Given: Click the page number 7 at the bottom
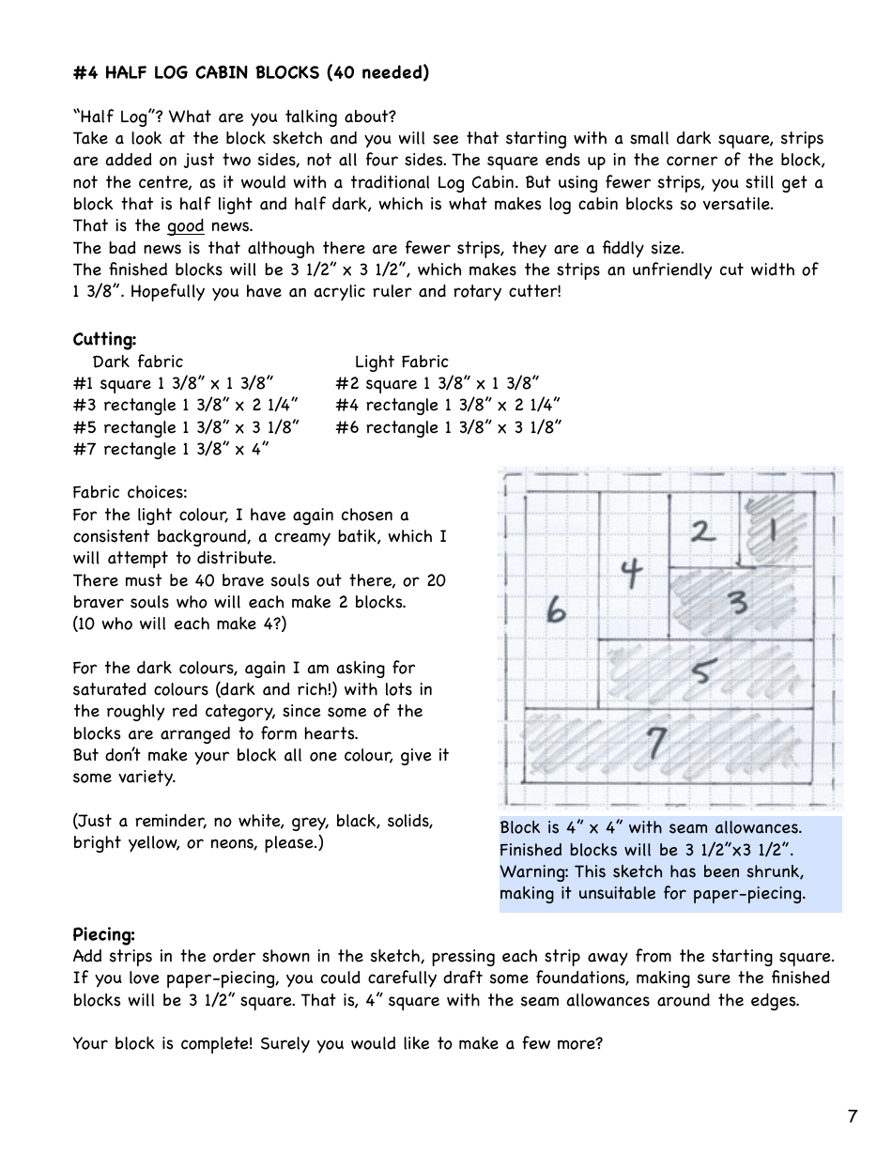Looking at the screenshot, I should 852,1116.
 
